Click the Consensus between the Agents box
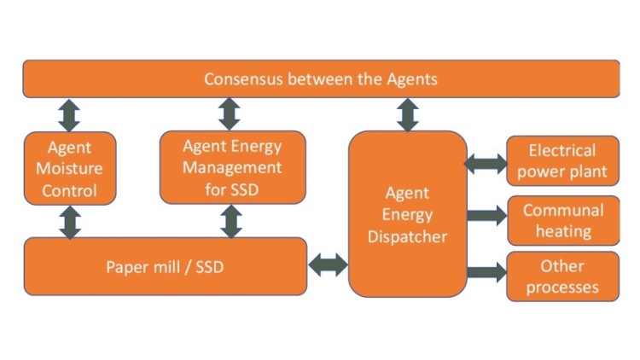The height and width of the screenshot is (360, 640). point(321,79)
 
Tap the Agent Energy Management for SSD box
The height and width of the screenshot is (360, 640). point(232,167)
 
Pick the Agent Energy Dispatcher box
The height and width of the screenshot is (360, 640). point(407,214)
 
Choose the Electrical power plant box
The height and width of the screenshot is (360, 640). point(562,160)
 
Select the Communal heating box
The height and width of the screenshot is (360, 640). point(562,220)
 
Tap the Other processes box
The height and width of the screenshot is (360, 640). point(562,276)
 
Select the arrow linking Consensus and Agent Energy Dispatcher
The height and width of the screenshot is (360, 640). point(408,114)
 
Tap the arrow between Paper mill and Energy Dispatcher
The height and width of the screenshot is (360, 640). point(328,265)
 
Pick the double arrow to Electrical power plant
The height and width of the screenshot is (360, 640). point(486,162)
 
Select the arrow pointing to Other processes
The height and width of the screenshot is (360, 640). point(486,273)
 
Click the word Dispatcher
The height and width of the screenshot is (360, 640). point(407,236)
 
